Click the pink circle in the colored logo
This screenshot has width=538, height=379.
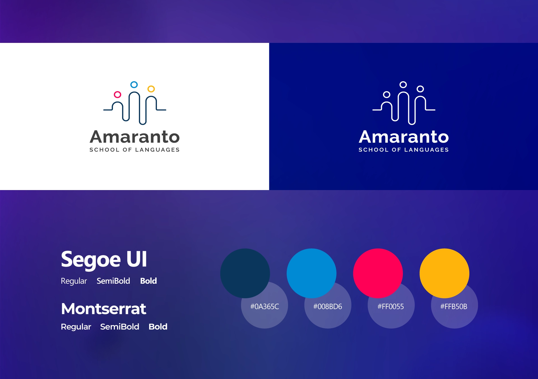[x=115, y=95]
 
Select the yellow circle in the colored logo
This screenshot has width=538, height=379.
[x=148, y=89]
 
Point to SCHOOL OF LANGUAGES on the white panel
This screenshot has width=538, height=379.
[x=134, y=150]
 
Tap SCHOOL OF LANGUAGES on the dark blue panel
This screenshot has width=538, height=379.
[x=404, y=150]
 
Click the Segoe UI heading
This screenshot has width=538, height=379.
[x=104, y=259]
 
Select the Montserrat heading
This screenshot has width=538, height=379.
[x=104, y=309]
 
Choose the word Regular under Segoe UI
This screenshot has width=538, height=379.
[x=74, y=281]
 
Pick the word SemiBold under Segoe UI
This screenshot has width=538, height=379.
[x=113, y=281]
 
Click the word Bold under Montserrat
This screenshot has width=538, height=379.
[x=158, y=327]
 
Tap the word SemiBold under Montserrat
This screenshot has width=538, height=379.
[x=120, y=327]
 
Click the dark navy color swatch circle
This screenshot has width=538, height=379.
[x=245, y=273]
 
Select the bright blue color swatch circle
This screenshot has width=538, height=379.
[x=311, y=273]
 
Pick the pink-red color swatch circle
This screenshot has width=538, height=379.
[x=378, y=273]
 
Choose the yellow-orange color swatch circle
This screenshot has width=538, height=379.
[x=444, y=273]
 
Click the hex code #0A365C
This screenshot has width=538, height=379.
[x=265, y=306]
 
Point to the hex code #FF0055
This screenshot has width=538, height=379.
[x=391, y=306]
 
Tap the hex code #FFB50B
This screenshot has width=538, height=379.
[x=454, y=306]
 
